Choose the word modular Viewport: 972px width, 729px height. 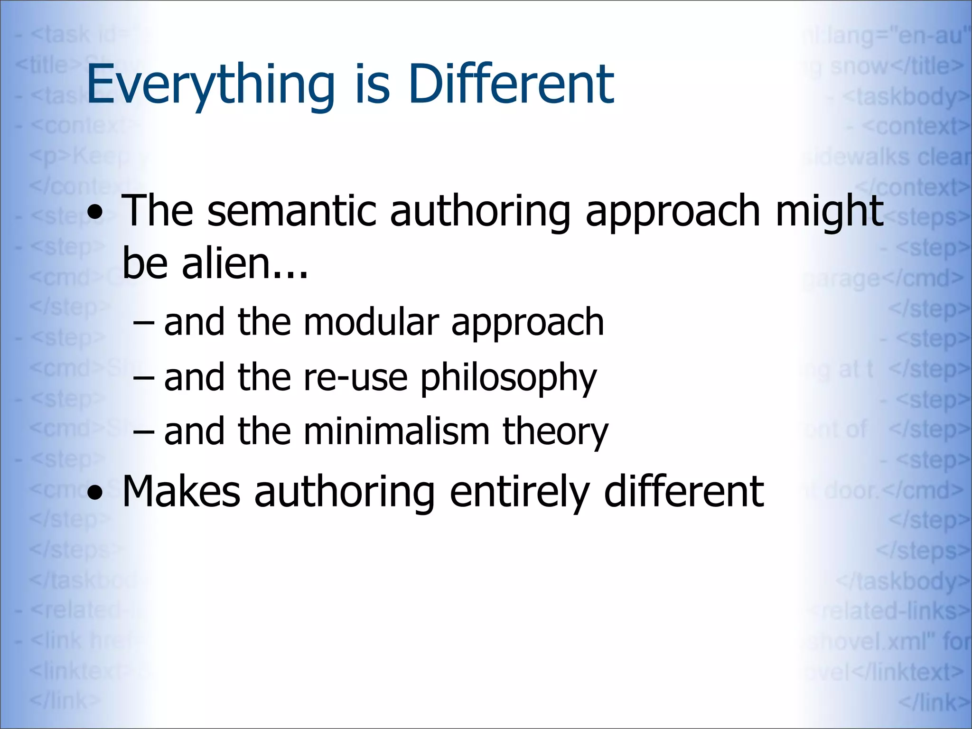click(371, 323)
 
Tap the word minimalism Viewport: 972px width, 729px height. click(396, 431)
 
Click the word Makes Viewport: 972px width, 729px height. click(181, 492)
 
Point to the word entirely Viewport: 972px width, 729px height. click(520, 493)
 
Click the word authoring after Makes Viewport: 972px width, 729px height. click(345, 493)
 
